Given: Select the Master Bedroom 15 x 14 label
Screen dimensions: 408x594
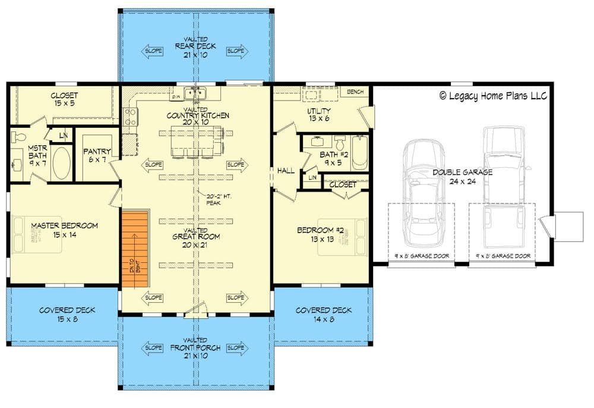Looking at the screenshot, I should point(65,230).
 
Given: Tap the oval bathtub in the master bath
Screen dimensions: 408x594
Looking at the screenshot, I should point(61,163).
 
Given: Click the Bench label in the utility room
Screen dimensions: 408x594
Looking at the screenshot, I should point(355,92).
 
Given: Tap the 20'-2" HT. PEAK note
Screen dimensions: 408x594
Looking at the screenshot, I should point(213,200).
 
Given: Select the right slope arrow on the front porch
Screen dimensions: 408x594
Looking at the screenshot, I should point(236,347).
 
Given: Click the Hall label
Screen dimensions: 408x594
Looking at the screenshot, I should point(286,171).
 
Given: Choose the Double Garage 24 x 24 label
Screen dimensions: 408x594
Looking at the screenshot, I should point(462,177).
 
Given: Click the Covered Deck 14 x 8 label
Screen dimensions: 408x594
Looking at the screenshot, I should point(324,314).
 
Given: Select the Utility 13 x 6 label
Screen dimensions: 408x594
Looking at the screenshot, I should point(318,115).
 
